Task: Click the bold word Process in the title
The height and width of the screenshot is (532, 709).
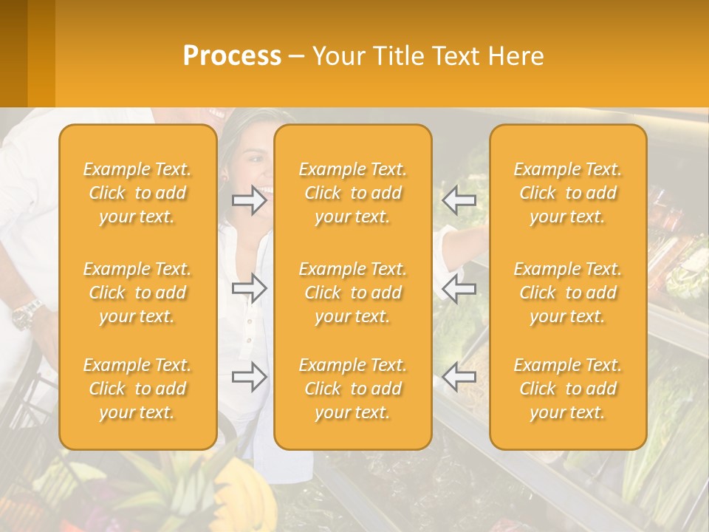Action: (232, 56)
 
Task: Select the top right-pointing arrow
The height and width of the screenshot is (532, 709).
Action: (250, 200)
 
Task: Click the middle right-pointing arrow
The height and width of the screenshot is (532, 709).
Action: (250, 288)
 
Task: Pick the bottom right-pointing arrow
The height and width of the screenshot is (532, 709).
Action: (250, 377)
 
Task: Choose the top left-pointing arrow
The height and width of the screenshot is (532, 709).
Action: (459, 200)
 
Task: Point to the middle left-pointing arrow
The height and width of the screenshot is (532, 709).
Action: (459, 288)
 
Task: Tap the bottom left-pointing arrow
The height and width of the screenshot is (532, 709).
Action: (459, 377)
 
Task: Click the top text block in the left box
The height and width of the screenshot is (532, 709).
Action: (137, 193)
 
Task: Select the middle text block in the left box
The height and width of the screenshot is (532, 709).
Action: (137, 293)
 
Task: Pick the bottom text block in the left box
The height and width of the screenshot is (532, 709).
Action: (137, 389)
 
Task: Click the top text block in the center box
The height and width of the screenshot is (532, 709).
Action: (352, 193)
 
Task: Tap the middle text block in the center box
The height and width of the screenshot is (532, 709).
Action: (352, 293)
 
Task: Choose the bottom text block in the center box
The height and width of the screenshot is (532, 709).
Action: (352, 389)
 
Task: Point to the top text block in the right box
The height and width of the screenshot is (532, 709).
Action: (568, 193)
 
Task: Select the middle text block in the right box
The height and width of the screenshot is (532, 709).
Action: (568, 293)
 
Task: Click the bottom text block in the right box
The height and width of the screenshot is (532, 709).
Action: (568, 389)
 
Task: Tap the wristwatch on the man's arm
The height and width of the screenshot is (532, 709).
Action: (28, 313)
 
